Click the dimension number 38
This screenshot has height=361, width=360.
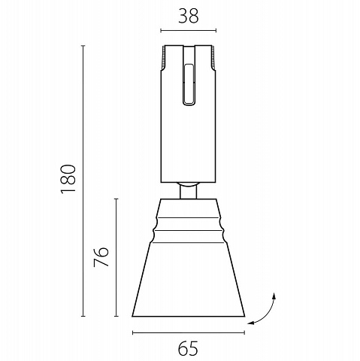pyautogui.click(x=189, y=16)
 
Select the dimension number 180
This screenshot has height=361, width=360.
pyautogui.click(x=68, y=179)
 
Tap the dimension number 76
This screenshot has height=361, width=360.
pyautogui.click(x=101, y=257)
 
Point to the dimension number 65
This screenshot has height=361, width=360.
pyautogui.click(x=188, y=348)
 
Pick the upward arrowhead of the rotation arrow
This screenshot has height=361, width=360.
pyautogui.click(x=274, y=296)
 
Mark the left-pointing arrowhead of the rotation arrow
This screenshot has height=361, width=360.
pyautogui.click(x=251, y=323)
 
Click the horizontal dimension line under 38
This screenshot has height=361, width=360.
pyautogui.click(x=189, y=31)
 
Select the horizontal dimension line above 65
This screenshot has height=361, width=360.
pyautogui.click(x=189, y=332)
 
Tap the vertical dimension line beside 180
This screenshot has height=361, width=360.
pyautogui.click(x=83, y=180)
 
